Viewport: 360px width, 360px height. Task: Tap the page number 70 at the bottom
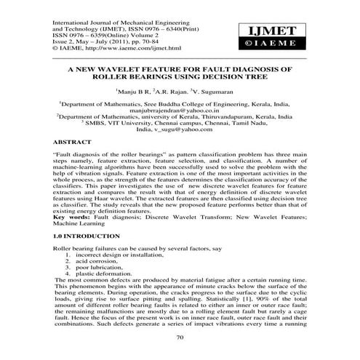click(180, 338)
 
